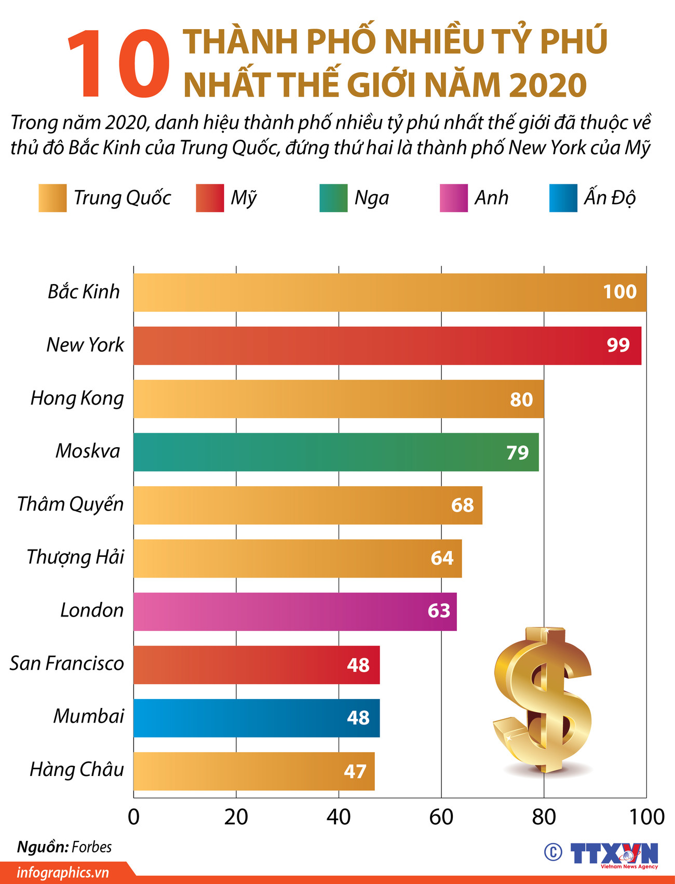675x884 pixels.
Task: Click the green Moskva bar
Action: (312, 452)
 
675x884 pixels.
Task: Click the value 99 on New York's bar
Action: (618, 345)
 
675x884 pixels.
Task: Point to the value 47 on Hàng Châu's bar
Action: (355, 771)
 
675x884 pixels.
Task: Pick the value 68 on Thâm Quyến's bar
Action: (462, 505)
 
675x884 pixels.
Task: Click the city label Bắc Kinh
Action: (84, 292)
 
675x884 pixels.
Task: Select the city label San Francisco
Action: (67, 663)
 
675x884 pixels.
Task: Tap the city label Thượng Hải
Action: (75, 557)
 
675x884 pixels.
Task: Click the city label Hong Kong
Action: (77, 398)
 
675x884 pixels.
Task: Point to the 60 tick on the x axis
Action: (441, 817)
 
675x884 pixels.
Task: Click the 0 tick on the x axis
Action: (133, 817)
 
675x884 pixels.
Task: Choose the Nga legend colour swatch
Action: (333, 198)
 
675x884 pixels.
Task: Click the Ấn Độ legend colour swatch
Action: (563, 198)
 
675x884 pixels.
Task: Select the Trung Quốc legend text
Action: (122, 198)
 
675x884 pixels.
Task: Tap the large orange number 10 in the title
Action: (118, 65)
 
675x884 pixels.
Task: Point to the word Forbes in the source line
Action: (91, 847)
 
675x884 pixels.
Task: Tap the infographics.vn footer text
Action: (63, 873)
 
